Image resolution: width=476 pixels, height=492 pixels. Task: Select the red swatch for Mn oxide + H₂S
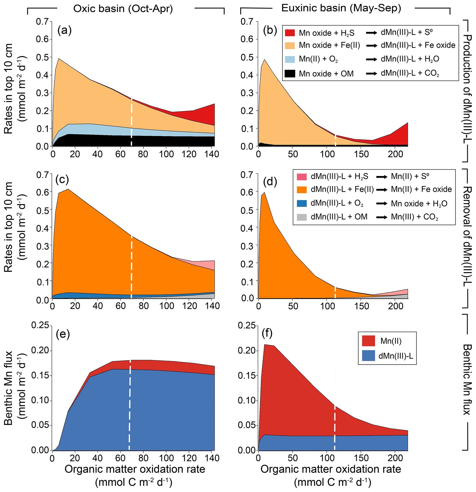290,33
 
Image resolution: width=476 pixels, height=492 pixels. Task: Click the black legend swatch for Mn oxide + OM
290,74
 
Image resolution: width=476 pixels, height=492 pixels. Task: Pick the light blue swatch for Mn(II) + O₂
290,59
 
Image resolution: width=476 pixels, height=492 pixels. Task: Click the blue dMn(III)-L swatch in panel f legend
368,356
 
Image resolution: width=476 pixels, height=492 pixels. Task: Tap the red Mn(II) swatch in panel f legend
368,341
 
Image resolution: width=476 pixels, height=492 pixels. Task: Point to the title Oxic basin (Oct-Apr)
123,9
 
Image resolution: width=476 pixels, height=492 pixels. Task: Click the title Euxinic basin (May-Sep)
341,8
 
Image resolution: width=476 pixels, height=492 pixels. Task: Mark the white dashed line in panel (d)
335,292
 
